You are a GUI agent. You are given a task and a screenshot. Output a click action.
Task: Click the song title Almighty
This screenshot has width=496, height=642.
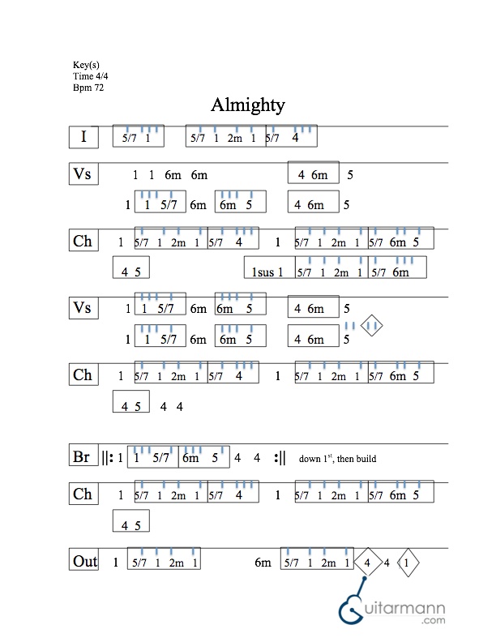247,105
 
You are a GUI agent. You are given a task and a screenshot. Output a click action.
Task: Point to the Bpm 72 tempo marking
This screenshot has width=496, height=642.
88,86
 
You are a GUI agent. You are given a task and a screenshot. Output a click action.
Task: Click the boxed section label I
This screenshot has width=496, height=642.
83,137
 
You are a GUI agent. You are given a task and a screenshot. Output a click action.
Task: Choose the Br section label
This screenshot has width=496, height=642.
81,457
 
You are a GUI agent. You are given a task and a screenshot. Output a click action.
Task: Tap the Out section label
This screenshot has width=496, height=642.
84,561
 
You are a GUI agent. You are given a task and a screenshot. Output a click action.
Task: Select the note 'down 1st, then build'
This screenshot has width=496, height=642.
337,459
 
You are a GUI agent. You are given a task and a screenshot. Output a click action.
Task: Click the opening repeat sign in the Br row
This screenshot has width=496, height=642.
108,458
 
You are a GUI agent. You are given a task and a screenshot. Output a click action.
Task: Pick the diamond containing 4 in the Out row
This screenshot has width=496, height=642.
368,562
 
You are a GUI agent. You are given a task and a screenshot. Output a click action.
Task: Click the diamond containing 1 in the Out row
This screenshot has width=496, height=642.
408,562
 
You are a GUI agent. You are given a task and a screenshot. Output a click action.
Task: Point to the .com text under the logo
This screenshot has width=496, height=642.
433,621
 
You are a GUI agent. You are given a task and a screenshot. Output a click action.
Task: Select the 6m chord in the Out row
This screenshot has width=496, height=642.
263,563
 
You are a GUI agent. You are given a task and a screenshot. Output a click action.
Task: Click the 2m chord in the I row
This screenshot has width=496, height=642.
234,138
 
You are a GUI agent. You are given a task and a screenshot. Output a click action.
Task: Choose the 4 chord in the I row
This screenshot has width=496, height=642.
296,138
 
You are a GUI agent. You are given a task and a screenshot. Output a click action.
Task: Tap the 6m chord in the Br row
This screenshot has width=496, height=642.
190,459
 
